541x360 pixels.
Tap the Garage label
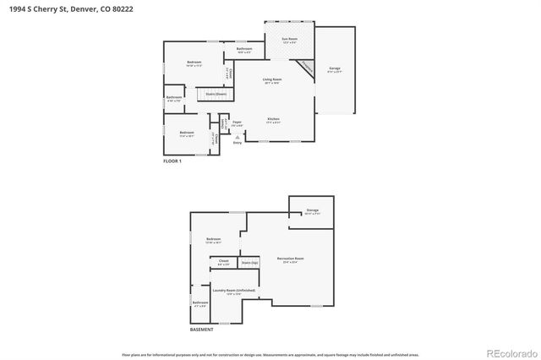point(335,68)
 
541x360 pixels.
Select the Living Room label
point(272,79)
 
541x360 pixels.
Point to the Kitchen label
point(273,119)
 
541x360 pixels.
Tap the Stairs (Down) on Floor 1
point(216,94)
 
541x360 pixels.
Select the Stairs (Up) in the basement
point(249,264)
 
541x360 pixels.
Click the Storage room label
point(312,212)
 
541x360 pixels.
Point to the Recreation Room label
point(290,259)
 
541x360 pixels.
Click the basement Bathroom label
point(199,303)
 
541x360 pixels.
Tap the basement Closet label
point(224,262)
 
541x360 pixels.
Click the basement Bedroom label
point(213,240)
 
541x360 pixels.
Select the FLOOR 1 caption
point(172,160)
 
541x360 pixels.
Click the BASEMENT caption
point(201,330)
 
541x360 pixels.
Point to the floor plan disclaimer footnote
point(270,355)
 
